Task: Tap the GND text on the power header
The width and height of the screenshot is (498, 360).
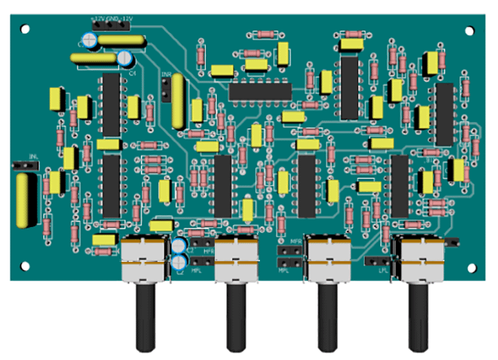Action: (112, 19)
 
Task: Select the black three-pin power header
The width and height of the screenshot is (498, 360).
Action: (110, 25)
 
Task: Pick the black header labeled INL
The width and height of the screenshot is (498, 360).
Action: (25, 166)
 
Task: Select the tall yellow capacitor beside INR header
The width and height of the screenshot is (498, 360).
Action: (179, 101)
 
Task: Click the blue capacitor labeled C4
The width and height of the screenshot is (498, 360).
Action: (125, 60)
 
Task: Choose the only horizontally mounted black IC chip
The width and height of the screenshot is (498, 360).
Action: (261, 91)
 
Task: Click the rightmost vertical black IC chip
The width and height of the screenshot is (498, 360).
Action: (444, 115)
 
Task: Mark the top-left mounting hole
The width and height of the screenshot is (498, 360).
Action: (25, 29)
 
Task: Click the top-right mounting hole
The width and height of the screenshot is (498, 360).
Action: (471, 30)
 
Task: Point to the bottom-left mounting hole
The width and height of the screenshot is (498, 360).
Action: (25, 265)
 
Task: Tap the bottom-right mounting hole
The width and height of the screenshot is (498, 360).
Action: (471, 265)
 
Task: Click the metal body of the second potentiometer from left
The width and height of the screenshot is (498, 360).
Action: (237, 261)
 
